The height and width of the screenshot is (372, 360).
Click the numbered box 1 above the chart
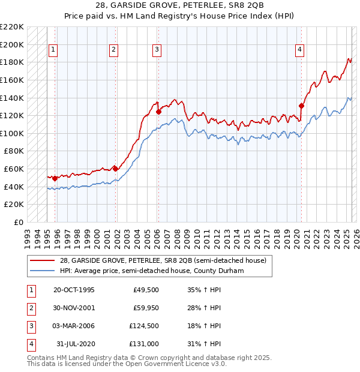(53, 50)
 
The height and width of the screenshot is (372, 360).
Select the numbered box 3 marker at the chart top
(157, 50)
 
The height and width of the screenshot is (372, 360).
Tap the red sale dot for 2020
(301, 106)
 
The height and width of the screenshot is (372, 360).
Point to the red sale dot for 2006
(158, 112)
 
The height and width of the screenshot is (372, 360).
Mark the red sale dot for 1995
(55, 178)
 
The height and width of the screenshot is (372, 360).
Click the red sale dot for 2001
(115, 169)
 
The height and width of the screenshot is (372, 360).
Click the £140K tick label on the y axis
(13, 97)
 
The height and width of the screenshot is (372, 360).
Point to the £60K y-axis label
(15, 169)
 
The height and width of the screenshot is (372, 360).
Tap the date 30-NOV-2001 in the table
(74, 308)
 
